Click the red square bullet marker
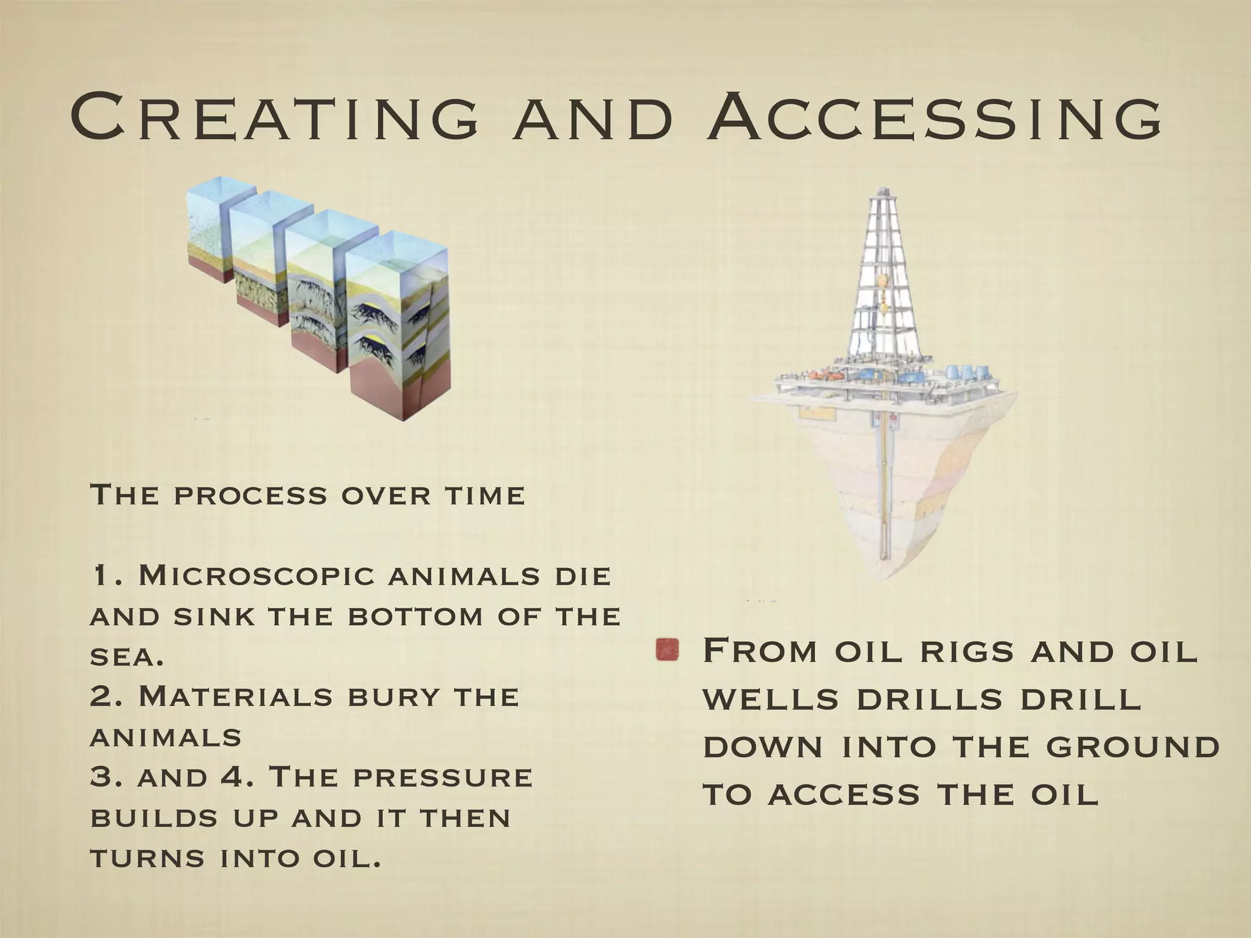pos(667,650)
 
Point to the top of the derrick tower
pos(883,191)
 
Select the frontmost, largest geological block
pos(397,330)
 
